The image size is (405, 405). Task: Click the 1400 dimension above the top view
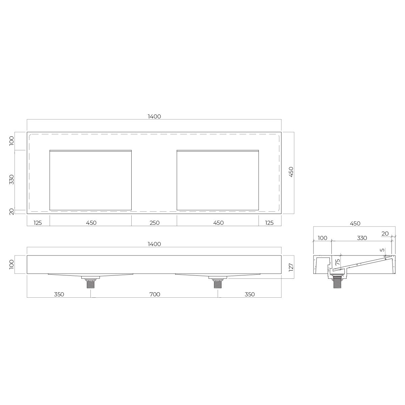pyautogui.click(x=154, y=116)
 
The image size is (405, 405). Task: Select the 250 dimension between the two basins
pyautogui.click(x=155, y=223)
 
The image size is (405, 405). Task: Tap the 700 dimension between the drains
pyautogui.click(x=155, y=294)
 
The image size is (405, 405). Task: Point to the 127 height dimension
pyautogui.click(x=291, y=267)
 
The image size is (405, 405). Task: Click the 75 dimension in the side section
pyautogui.click(x=337, y=262)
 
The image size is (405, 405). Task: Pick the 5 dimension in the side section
pyautogui.click(x=382, y=250)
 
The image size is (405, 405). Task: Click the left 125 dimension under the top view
pyautogui.click(x=38, y=223)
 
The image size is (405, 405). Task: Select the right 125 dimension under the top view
pyautogui.click(x=269, y=223)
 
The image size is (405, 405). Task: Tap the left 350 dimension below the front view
pyautogui.click(x=59, y=294)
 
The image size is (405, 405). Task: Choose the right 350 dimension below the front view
pyautogui.click(x=250, y=294)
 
